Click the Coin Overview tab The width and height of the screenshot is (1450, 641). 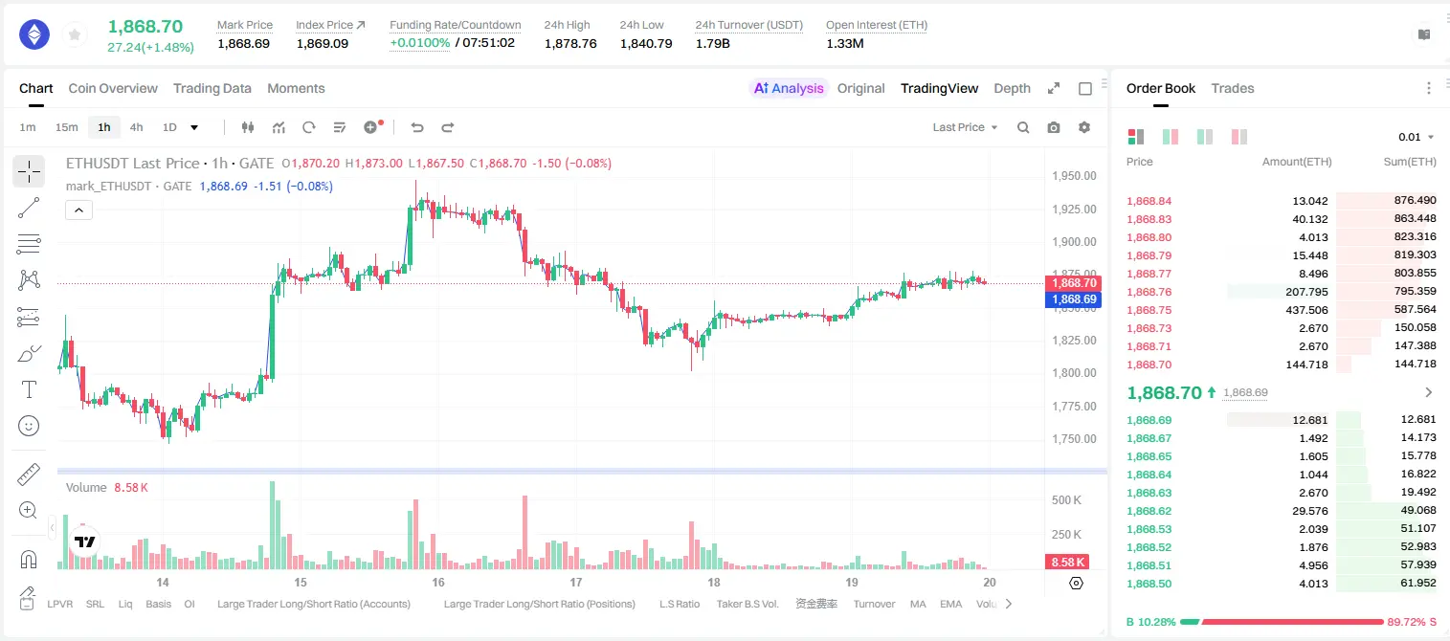point(113,88)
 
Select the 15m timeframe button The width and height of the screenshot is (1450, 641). point(67,127)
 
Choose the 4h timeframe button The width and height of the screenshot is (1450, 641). point(136,127)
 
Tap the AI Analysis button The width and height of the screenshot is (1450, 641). point(789,88)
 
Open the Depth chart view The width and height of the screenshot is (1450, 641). point(1012,88)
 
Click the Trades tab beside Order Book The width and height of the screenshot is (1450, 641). point(1233,88)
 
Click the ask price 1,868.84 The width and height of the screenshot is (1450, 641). point(1149,201)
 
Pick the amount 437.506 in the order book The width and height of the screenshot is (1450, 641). point(1306,310)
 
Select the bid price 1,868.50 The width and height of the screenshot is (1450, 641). point(1149,584)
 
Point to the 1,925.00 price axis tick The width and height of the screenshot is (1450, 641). point(1074,209)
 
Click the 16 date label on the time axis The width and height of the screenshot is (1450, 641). point(438,582)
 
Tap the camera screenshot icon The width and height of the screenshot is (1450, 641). point(1054,127)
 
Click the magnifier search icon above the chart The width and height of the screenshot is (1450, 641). point(1023,127)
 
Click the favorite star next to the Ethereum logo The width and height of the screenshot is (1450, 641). point(75,34)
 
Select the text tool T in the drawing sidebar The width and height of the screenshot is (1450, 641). point(29,389)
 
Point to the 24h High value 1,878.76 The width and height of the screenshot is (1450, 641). point(570,43)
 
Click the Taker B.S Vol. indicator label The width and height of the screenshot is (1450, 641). point(747,604)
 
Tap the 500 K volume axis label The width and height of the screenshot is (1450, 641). point(1066,500)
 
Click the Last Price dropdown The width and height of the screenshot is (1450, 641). point(965,127)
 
